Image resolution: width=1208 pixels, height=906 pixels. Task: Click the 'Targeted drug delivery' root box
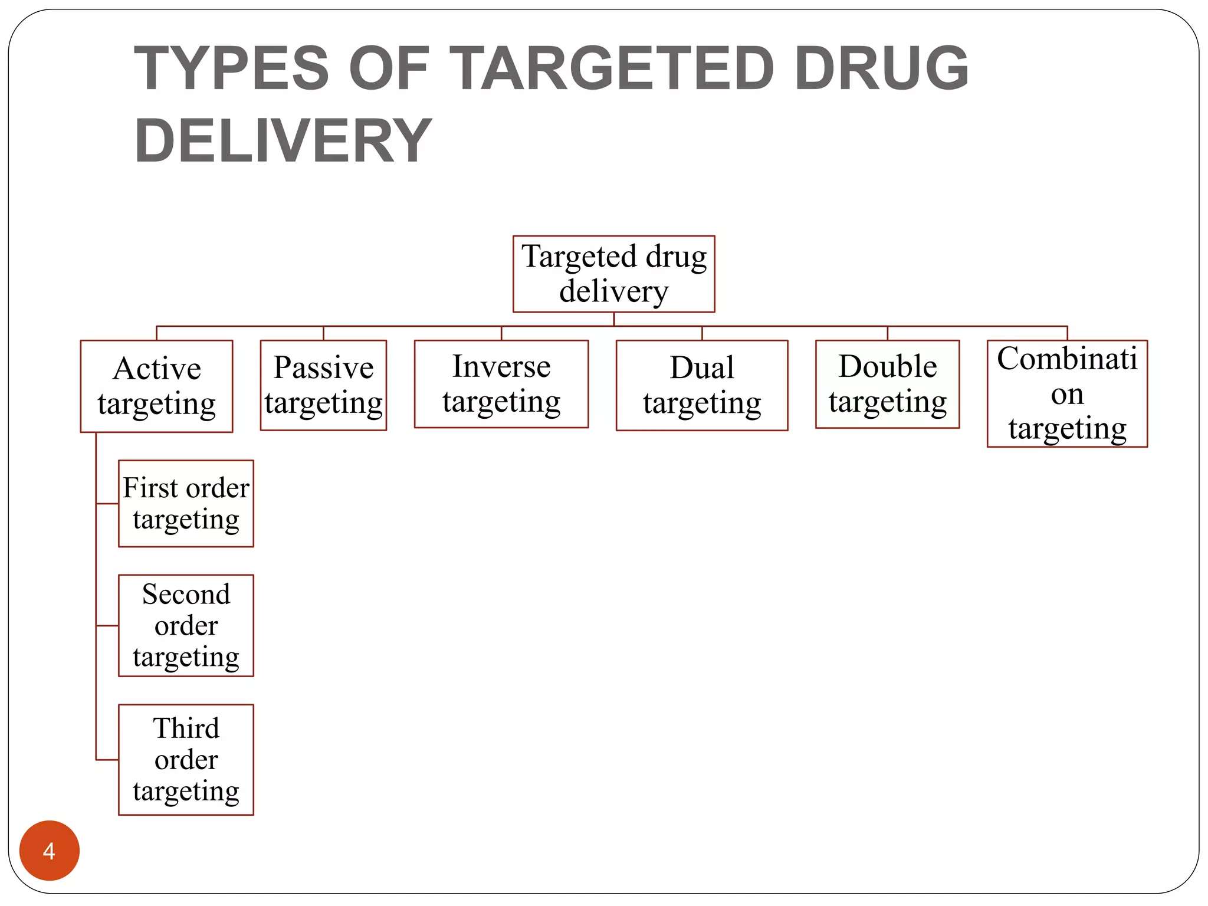613,274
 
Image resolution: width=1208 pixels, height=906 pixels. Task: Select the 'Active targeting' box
156,386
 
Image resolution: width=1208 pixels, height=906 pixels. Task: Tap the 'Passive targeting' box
323,385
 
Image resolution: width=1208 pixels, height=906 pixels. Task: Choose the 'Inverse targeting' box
501,384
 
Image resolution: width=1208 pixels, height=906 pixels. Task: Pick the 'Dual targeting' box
702,385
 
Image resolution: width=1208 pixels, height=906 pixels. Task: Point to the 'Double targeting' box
887,384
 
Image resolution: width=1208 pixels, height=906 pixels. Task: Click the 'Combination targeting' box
1067,393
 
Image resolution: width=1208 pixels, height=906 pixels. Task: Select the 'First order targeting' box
186,504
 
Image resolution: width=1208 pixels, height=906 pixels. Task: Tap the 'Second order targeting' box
186,625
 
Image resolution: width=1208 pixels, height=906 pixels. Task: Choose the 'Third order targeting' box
186,760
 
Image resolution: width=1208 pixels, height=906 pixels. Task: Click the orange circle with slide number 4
50,851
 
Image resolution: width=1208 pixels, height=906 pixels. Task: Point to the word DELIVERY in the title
283,140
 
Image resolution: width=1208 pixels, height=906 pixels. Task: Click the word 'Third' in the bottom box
186,728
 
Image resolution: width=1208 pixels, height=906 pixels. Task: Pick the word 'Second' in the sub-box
186,595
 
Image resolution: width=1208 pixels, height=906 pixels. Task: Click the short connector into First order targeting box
107,504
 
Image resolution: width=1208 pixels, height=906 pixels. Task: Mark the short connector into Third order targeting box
107,760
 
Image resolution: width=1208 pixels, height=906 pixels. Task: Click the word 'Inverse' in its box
501,367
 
